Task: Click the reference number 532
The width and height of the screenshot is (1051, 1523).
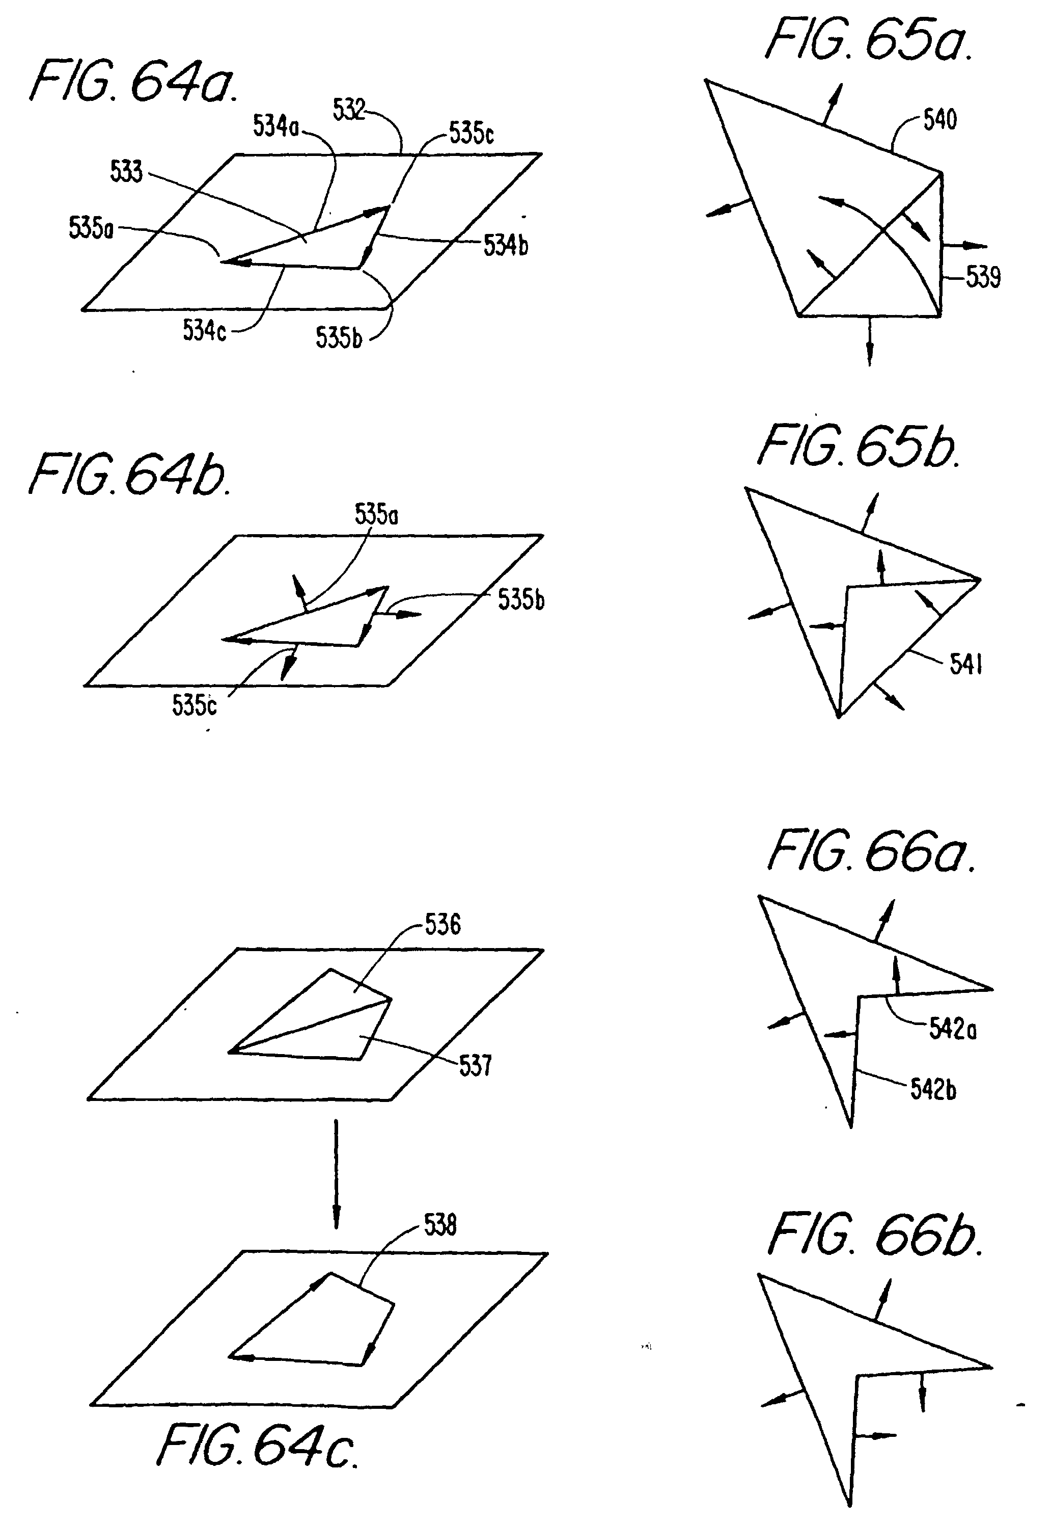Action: (348, 110)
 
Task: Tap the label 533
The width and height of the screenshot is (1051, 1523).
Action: (126, 171)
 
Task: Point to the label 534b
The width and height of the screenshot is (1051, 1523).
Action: (506, 245)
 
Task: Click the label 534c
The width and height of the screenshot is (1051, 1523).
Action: (204, 330)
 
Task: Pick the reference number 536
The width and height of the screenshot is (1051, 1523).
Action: (442, 925)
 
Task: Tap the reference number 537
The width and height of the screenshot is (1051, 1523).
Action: (476, 1066)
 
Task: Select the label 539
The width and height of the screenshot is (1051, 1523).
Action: (983, 277)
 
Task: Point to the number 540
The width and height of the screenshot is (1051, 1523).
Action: (939, 120)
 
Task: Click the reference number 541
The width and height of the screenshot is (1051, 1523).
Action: (965, 664)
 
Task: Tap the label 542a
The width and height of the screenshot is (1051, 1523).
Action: (953, 1029)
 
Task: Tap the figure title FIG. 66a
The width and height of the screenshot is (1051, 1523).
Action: (871, 851)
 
